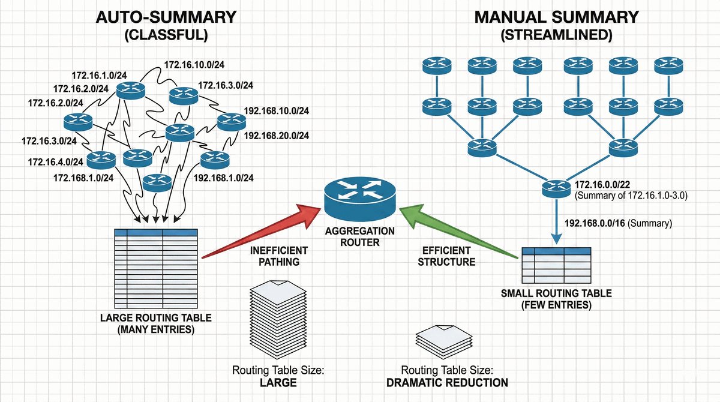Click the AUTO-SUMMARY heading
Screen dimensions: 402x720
pyautogui.click(x=166, y=16)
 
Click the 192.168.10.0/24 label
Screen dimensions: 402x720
pyautogui.click(x=277, y=111)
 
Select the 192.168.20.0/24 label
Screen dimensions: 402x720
pyautogui.click(x=277, y=136)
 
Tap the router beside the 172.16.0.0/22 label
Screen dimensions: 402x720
pyautogui.click(x=556, y=189)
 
